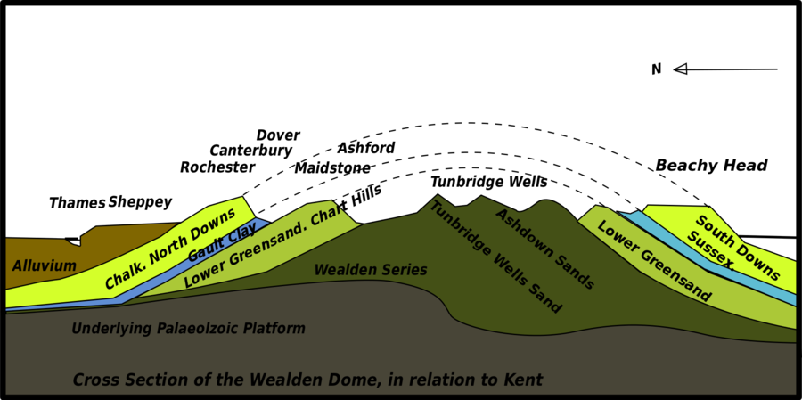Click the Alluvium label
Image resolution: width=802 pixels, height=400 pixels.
point(44,265)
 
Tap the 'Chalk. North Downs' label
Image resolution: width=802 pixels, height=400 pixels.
point(170,249)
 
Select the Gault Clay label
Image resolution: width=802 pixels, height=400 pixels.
point(222,242)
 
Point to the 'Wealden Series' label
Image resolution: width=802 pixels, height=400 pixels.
point(371,270)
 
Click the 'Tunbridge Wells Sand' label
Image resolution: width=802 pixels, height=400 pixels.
point(495,257)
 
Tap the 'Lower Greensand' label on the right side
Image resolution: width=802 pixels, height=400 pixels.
point(654,261)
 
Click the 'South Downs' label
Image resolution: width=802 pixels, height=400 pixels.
point(738,248)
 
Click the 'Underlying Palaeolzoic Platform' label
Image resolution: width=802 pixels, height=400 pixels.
point(188,329)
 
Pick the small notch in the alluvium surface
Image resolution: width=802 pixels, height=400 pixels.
point(74,241)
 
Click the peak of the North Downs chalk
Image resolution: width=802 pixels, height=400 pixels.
point(241,200)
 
